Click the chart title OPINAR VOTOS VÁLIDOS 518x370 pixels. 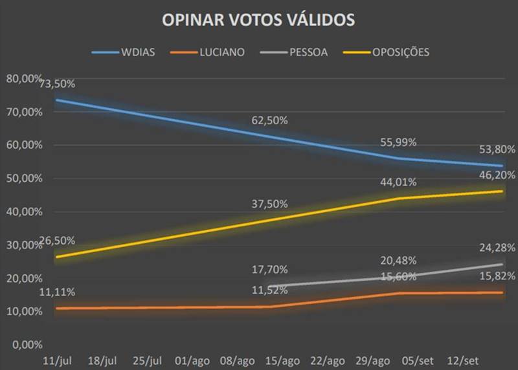[x=258, y=20]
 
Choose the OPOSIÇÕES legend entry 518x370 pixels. [x=400, y=52]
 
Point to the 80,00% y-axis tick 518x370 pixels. [x=24, y=79]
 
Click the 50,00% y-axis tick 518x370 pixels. [x=24, y=179]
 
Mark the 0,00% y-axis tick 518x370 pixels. [x=27, y=344]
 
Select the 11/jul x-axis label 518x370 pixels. [x=56, y=360]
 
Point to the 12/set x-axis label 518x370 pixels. [x=464, y=360]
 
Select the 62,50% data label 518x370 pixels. [x=269, y=121]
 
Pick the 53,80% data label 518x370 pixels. [x=498, y=149]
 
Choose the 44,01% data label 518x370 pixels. [x=399, y=183]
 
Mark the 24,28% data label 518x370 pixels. [x=498, y=248]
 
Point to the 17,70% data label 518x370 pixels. [x=269, y=269]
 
